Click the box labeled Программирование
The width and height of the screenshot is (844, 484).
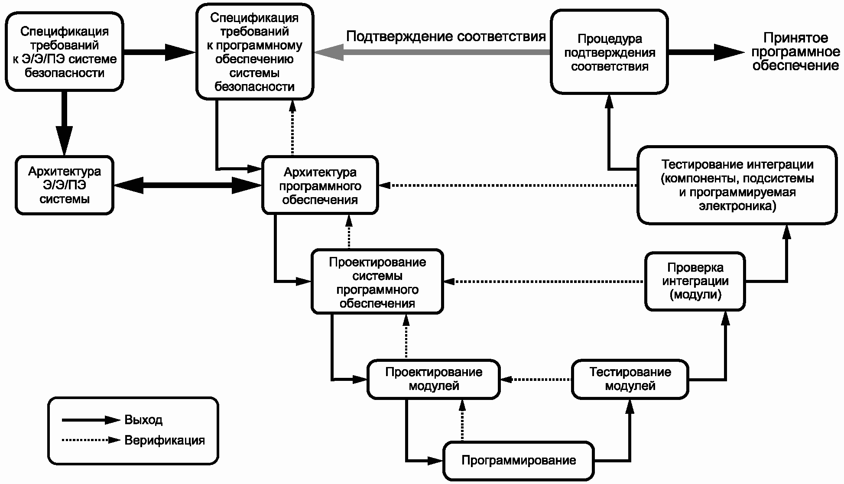518,461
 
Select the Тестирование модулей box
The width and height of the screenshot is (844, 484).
630,379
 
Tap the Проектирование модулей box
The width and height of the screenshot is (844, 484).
433,379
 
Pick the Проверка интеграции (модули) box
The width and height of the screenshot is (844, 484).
695,282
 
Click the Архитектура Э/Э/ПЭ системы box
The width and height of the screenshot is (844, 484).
65,185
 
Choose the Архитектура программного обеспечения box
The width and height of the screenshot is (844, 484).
320,185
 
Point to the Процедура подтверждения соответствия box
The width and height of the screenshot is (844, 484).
609,52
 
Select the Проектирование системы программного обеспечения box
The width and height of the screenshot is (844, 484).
377,282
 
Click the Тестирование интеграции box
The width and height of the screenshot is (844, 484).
737,185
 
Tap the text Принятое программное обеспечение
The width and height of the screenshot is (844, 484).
795,52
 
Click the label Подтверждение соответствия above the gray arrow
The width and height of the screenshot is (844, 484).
446,36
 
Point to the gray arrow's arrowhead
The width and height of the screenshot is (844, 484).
328,52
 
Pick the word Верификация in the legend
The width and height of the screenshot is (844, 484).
165,441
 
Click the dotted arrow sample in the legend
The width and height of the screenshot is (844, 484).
91,440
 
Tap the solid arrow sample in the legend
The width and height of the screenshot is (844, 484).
91,420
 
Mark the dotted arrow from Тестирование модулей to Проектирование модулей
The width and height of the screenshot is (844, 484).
536,379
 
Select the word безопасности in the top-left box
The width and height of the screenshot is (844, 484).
65,73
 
